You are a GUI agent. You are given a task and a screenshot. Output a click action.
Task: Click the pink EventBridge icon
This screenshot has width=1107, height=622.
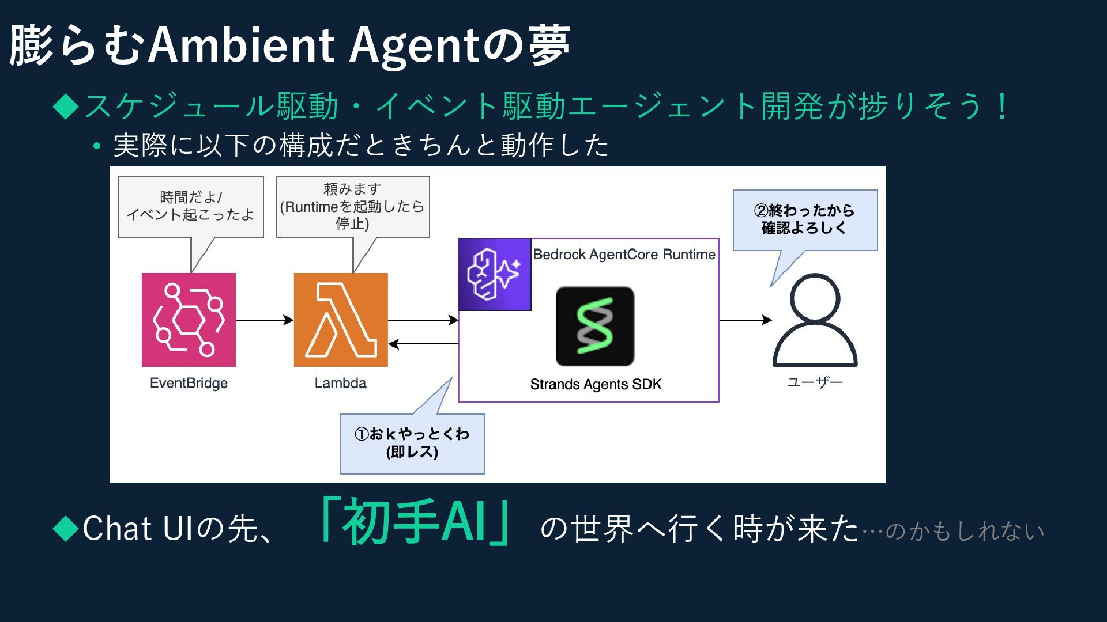coord(189,320)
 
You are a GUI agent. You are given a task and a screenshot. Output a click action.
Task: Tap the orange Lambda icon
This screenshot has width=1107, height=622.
coord(341,320)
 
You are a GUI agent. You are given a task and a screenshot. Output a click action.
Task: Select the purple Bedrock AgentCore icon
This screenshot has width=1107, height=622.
coord(495,275)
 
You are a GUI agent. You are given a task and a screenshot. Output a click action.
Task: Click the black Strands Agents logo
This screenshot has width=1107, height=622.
coord(594,327)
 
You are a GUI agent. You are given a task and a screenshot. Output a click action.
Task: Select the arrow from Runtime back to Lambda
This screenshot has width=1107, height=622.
coord(423,344)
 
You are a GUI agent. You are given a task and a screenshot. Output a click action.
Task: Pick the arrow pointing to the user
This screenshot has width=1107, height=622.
coord(745,320)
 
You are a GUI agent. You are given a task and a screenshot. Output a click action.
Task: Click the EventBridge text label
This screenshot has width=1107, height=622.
coord(189,383)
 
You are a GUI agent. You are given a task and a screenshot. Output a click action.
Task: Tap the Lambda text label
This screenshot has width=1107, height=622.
coord(340,383)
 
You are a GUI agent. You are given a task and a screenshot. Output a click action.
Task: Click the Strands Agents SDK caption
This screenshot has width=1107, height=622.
coord(596,384)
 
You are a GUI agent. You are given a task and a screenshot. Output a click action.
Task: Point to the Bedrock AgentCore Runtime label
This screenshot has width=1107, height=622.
coord(624,254)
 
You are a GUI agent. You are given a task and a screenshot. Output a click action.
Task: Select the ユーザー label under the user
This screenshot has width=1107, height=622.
coord(815,382)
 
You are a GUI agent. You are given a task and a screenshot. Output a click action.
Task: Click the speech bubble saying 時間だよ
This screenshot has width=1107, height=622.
coord(191,207)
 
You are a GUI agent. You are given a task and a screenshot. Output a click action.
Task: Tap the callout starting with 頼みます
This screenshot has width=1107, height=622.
coord(353,207)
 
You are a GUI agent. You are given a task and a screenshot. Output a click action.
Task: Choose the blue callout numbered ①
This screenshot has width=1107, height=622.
coord(412,443)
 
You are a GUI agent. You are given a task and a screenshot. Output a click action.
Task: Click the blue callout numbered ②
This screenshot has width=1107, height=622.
coord(805,220)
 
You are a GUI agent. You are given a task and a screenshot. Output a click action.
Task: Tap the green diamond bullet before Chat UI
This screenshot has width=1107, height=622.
coord(65,528)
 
